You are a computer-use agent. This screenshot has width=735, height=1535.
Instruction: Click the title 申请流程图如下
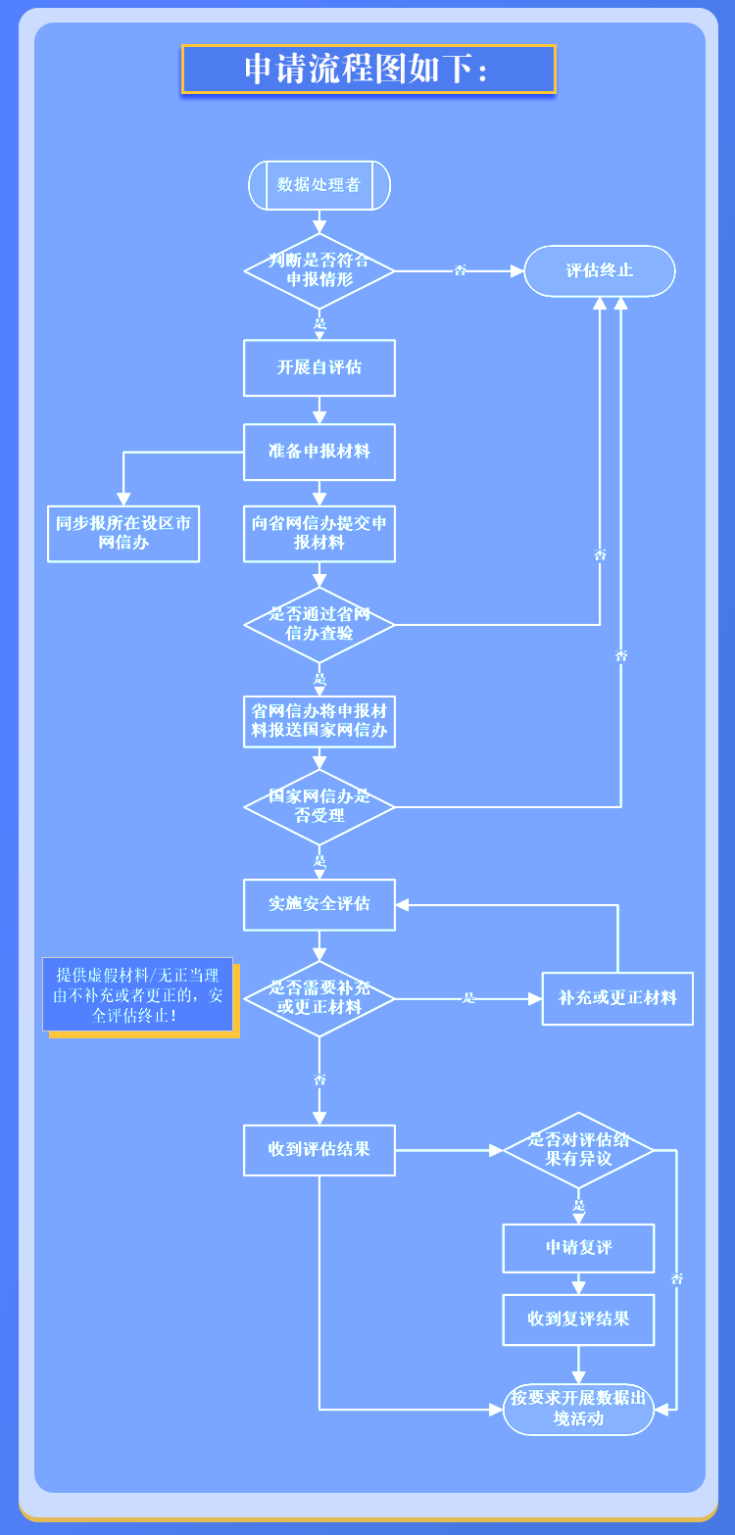[x=368, y=70]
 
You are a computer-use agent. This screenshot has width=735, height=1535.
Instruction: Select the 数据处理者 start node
[x=319, y=185]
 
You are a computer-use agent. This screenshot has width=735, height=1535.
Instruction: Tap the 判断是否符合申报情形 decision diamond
[x=319, y=270]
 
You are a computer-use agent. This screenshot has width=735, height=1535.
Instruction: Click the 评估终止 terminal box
[x=600, y=271]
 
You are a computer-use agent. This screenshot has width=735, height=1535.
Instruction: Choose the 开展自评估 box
[x=319, y=367]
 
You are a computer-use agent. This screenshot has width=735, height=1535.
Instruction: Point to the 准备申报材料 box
[x=319, y=452]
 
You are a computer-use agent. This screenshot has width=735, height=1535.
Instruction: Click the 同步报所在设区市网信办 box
[x=123, y=534]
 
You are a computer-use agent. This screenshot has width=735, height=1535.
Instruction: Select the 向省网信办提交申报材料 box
[x=319, y=534]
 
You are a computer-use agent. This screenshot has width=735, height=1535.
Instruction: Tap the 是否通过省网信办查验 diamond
[x=319, y=625]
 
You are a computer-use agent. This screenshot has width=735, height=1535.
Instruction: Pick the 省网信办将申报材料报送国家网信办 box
[x=319, y=721]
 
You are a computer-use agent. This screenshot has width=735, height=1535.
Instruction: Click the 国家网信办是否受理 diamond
[x=319, y=806]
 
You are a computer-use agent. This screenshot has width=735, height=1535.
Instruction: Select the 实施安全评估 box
[x=319, y=904]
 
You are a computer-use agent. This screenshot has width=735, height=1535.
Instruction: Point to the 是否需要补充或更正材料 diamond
[x=319, y=998]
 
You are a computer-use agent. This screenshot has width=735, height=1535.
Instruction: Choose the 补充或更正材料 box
[x=617, y=998]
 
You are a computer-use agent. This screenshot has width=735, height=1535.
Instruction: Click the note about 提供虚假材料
[x=138, y=994]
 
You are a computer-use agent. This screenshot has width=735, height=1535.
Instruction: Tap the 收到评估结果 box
[x=319, y=1150]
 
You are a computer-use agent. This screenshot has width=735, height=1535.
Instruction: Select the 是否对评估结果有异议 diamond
[x=578, y=1150]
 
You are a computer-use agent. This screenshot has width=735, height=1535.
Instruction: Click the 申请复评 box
[x=578, y=1249]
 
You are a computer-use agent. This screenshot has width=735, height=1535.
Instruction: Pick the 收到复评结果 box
[x=578, y=1319]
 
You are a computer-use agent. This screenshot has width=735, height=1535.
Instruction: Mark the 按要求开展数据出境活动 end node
[x=578, y=1410]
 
